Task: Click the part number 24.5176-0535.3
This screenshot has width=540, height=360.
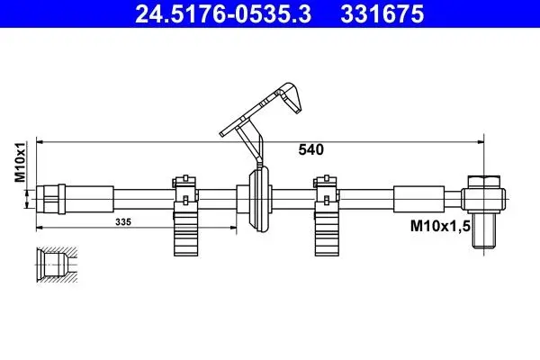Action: click(x=223, y=14)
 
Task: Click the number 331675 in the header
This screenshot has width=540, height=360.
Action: click(x=382, y=14)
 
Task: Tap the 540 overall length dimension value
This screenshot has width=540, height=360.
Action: click(x=311, y=150)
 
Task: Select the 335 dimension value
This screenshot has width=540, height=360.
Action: click(x=123, y=222)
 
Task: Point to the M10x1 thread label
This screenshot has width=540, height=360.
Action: click(x=20, y=162)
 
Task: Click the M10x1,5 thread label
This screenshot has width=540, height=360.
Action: click(x=440, y=226)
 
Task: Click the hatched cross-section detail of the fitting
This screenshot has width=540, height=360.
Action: click(x=57, y=265)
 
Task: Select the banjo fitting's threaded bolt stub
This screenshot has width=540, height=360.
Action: click(x=483, y=230)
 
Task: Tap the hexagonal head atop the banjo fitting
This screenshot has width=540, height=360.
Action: click(x=483, y=182)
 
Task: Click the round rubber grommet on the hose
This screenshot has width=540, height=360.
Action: click(x=259, y=199)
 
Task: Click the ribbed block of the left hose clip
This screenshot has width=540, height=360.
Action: click(x=185, y=234)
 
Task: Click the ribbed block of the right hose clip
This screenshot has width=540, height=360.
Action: click(x=327, y=234)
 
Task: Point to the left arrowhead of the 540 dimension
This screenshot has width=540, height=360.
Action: click(x=40, y=141)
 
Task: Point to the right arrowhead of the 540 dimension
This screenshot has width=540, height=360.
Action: click(x=481, y=141)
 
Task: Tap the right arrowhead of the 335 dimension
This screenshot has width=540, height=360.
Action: click(x=234, y=228)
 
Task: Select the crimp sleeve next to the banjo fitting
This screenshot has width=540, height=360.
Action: click(x=418, y=199)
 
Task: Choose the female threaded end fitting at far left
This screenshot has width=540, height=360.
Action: click(x=50, y=199)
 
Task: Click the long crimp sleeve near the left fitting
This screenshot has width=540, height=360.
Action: click(x=89, y=199)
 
